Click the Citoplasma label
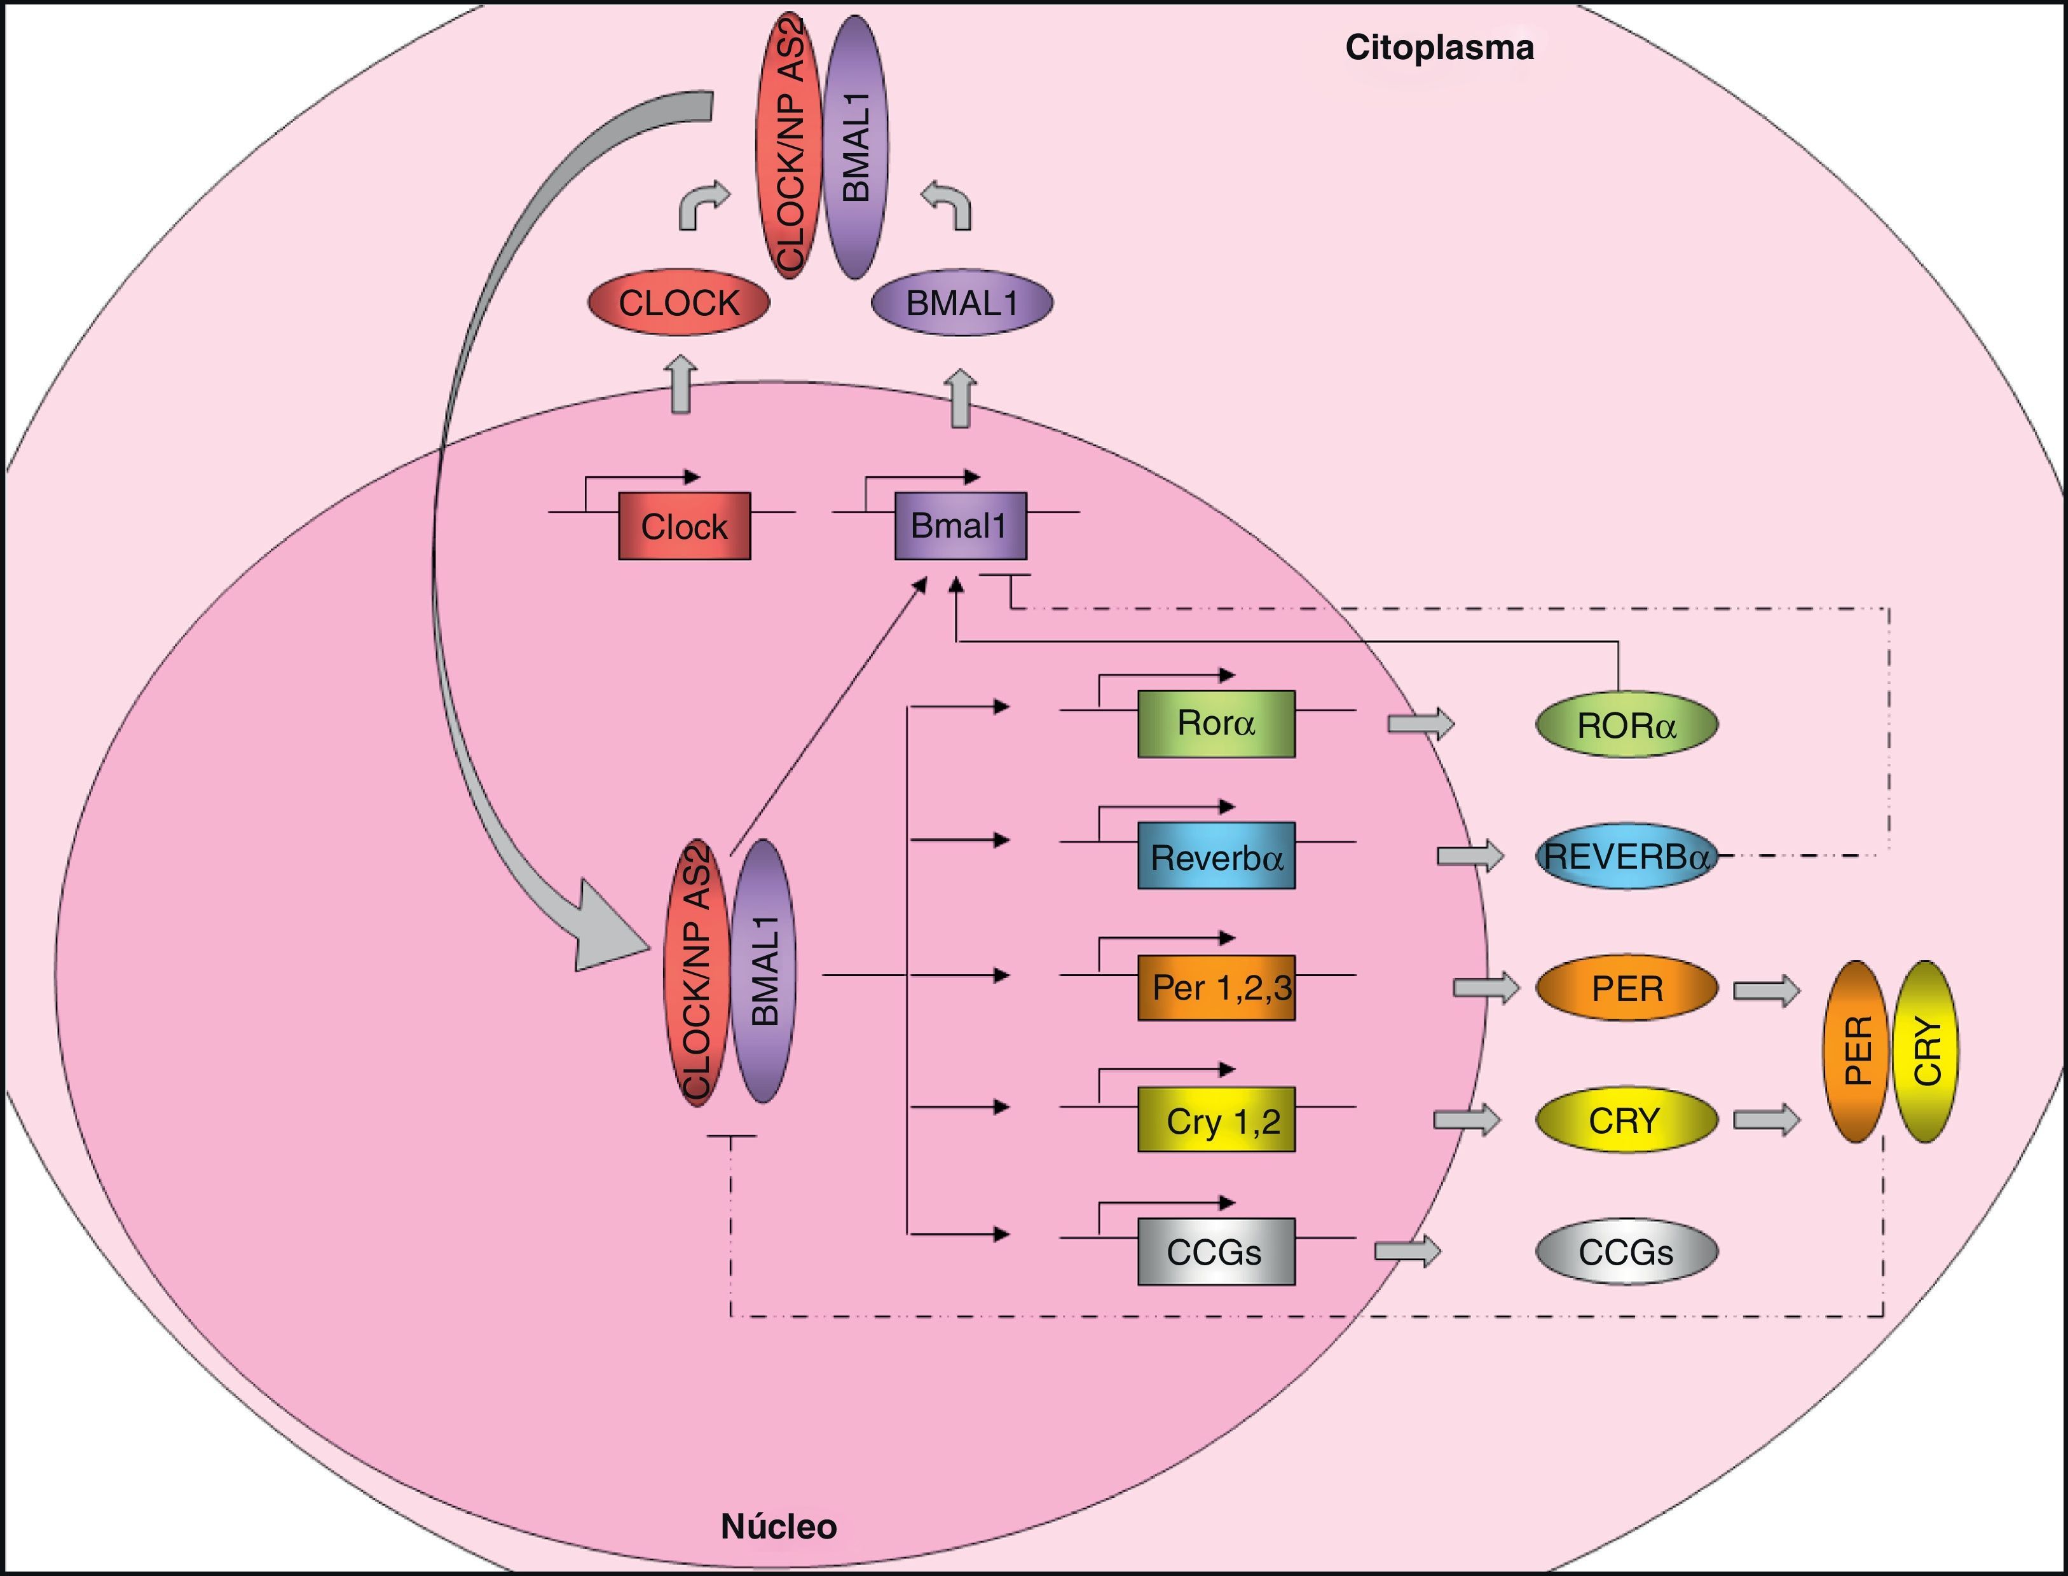[x=1439, y=48]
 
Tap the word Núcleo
[x=779, y=1526]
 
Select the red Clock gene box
[x=684, y=526]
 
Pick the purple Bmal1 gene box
[x=960, y=526]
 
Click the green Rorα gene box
[x=1216, y=723]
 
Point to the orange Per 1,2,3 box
[x=1216, y=988]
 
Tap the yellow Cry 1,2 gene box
[x=1216, y=1120]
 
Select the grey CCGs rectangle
[x=1216, y=1251]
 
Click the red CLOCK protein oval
[x=678, y=303]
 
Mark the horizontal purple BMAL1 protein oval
[x=962, y=303]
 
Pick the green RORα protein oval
[x=1626, y=725]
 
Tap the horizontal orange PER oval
[x=1626, y=988]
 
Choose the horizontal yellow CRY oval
[x=1626, y=1120]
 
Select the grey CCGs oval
[x=1626, y=1251]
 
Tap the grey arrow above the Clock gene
[x=682, y=384]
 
